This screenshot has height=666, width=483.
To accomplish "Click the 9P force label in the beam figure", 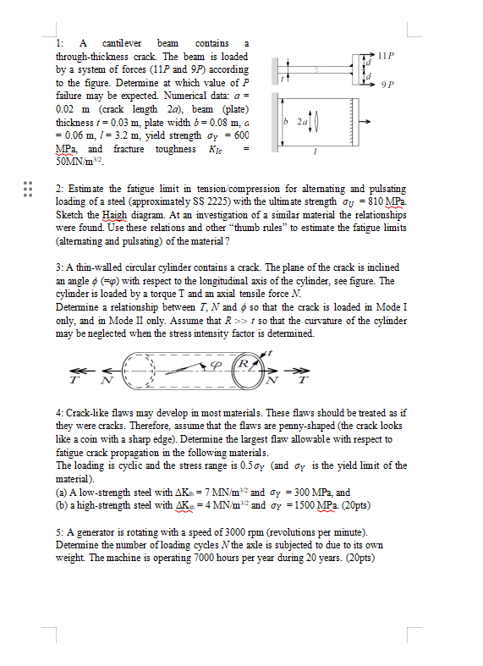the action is click(x=387, y=85).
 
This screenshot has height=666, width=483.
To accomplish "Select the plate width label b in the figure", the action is click(x=288, y=126).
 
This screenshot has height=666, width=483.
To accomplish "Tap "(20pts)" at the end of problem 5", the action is click(x=358, y=559).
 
